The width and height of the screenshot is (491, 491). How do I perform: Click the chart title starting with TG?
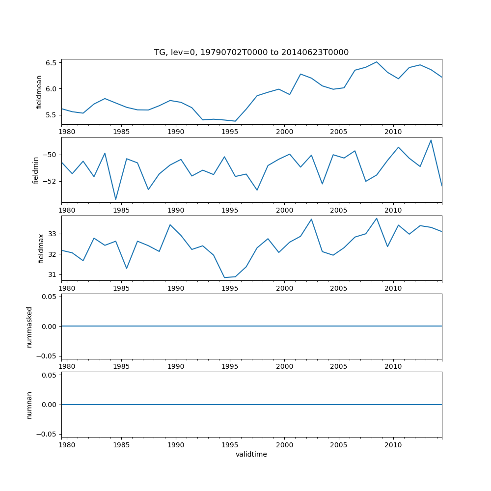(251, 53)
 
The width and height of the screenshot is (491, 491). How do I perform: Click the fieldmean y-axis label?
(39, 92)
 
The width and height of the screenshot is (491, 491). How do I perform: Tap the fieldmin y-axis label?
(35, 170)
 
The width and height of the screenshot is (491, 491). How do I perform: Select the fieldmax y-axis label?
(41, 248)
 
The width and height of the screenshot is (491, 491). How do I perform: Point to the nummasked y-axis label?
(29, 327)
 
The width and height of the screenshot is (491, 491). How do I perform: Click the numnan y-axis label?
(29, 405)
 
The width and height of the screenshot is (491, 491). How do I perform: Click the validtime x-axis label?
(251, 455)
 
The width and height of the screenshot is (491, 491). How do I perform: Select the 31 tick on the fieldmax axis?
(53, 274)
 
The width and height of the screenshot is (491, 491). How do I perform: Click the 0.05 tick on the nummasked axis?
(47, 297)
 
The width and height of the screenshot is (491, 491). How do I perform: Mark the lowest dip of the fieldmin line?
(116, 199)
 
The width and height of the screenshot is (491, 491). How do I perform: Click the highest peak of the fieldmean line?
(377, 62)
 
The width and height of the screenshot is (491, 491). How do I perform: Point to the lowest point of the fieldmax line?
(224, 278)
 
